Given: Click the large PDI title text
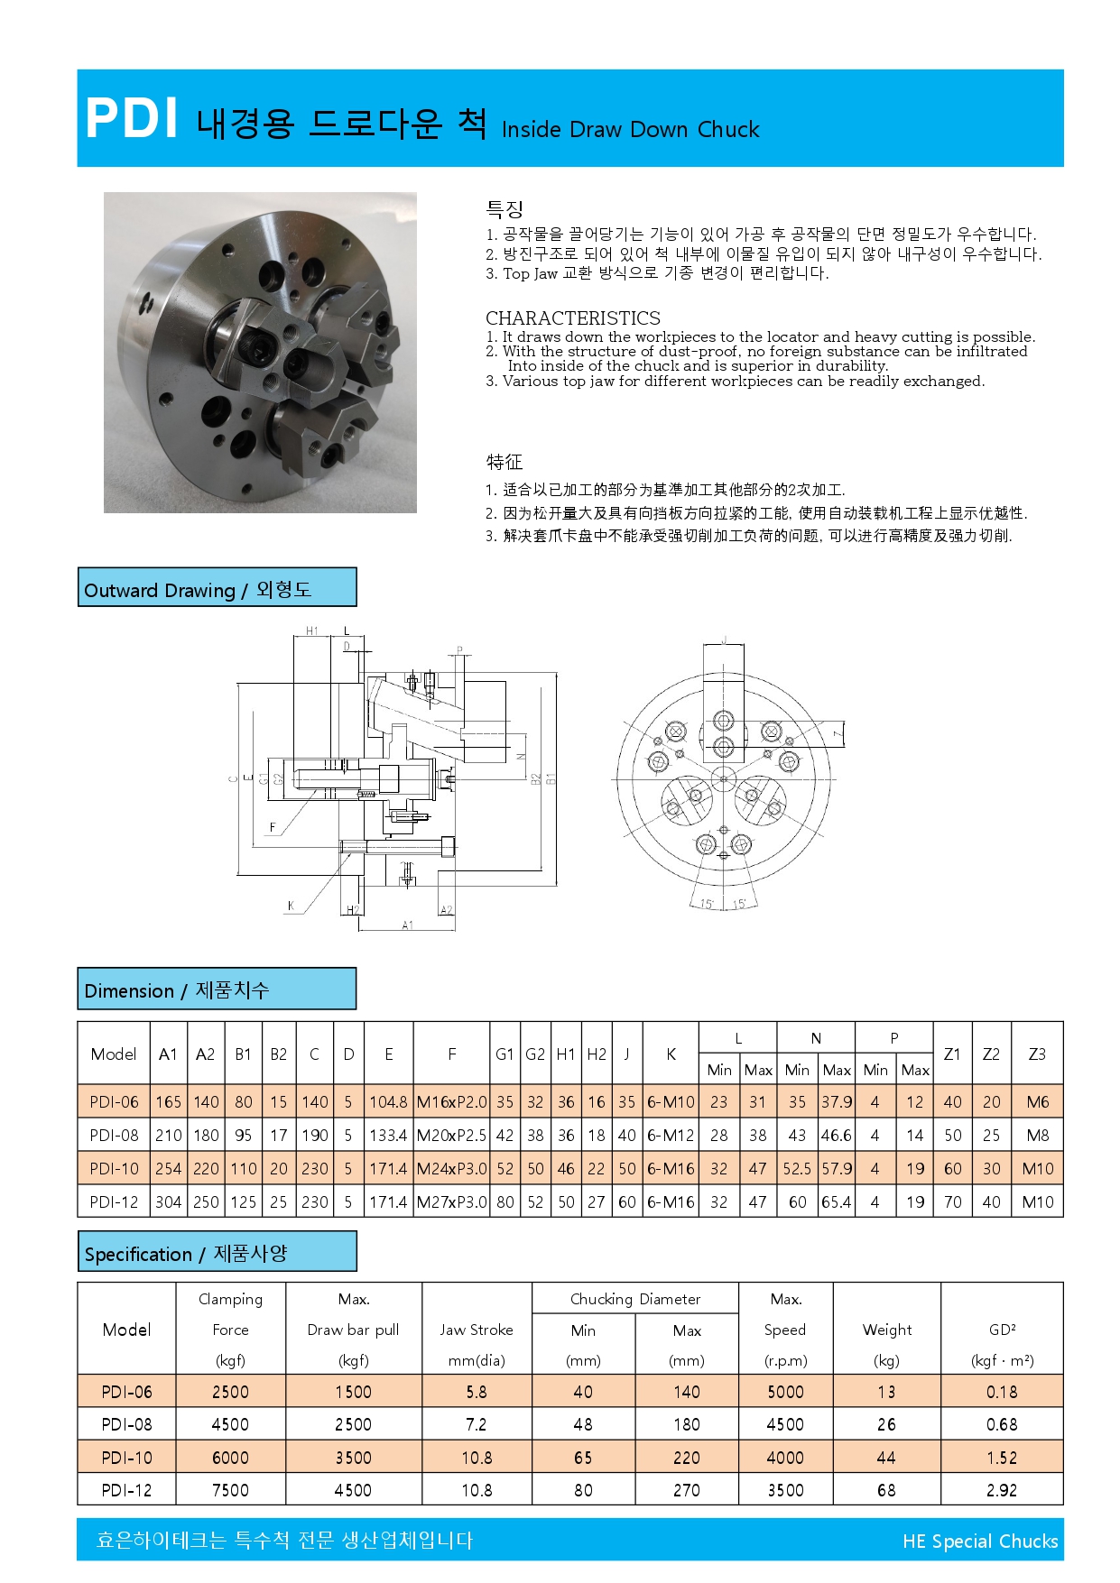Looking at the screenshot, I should pos(132,118).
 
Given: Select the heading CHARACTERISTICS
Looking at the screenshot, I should pos(572,318).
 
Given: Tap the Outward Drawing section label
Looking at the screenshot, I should pos(198,590).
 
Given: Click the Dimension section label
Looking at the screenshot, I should pos(177,990).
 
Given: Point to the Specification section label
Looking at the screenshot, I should pos(186,1254).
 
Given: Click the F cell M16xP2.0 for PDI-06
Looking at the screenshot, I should pos(451,1102).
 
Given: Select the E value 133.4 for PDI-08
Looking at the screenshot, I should pos(388,1136).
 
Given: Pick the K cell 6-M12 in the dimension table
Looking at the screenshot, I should pos(671,1136).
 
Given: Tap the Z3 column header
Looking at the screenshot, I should pos(1037,1054).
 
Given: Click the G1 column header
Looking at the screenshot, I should pos(504,1054).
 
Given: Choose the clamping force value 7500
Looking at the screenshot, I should pos(230,1490).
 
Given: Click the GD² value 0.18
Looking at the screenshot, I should pos(1002,1392).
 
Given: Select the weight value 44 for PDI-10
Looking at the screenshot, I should pos(886,1458).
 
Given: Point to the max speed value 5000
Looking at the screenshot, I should pos(785,1392).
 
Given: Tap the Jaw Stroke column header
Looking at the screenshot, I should pos(477,1330).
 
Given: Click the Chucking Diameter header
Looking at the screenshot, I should pos(635,1299).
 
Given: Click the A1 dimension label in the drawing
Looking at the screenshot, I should pos(408,925).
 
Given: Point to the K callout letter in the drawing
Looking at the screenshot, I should pos(291,906).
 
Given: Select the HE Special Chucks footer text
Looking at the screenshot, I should pos(979,1542).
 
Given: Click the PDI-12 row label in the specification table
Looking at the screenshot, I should pos(126,1490).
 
